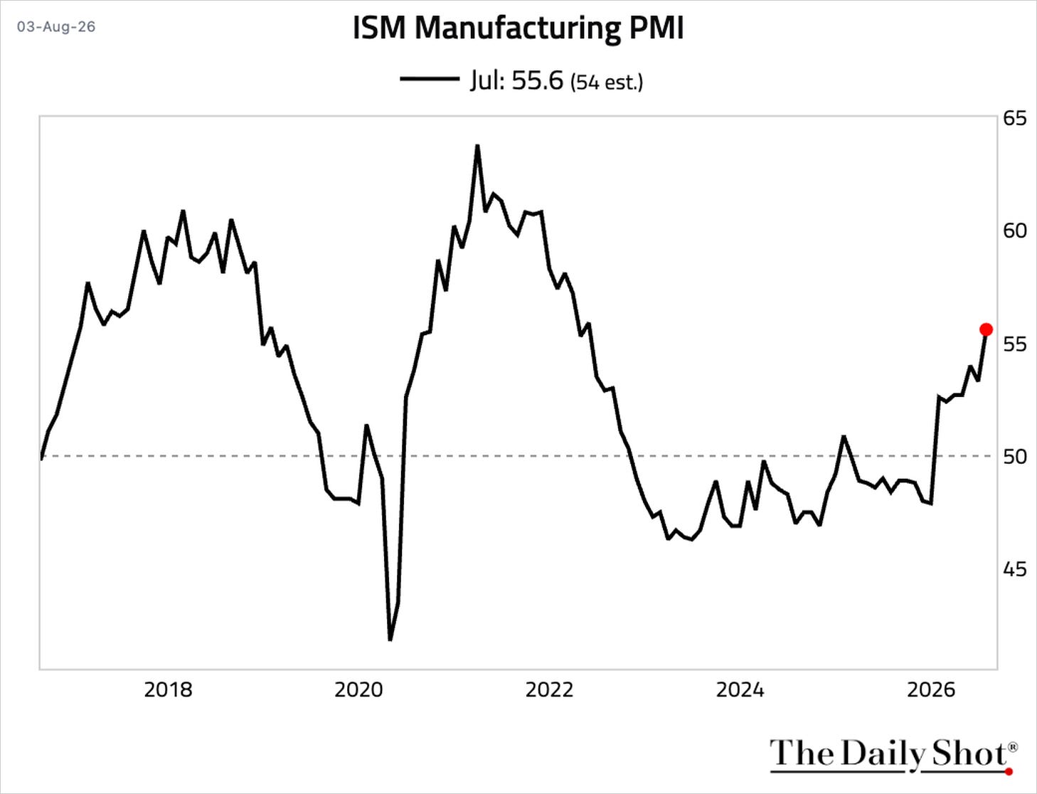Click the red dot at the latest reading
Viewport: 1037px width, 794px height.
986,329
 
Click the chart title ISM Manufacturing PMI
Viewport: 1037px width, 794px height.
518,28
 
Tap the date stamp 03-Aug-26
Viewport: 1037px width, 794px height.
56,26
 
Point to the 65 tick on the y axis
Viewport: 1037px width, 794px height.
1015,118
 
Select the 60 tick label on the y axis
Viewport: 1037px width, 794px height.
1015,231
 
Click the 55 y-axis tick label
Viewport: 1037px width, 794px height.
1015,344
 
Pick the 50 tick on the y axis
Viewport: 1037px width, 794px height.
1015,457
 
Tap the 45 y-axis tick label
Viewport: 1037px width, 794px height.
1015,569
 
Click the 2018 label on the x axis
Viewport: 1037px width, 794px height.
168,690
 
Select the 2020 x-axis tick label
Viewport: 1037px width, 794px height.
358,690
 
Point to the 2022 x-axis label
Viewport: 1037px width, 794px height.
550,690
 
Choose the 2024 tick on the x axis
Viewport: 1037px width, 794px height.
740,690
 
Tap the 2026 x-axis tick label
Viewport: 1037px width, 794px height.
931,690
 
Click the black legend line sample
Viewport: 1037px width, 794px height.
430,78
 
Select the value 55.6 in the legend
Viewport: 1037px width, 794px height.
538,80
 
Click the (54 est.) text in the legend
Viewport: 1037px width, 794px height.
607,83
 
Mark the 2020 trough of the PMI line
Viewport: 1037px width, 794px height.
390,640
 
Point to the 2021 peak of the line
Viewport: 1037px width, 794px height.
477,146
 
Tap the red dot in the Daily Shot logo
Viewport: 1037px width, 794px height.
1009,772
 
